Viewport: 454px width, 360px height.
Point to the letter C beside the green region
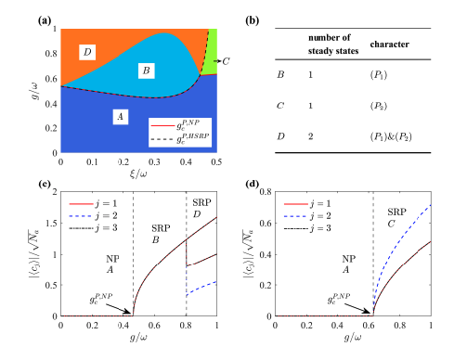tap(223, 59)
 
